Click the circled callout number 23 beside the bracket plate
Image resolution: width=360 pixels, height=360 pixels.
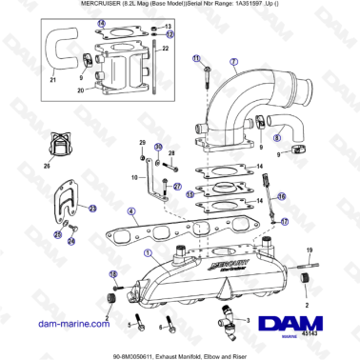coord(93,207)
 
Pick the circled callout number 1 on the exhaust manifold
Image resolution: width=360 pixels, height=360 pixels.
coord(147,253)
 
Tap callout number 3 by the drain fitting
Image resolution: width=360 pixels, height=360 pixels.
coord(249,322)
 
